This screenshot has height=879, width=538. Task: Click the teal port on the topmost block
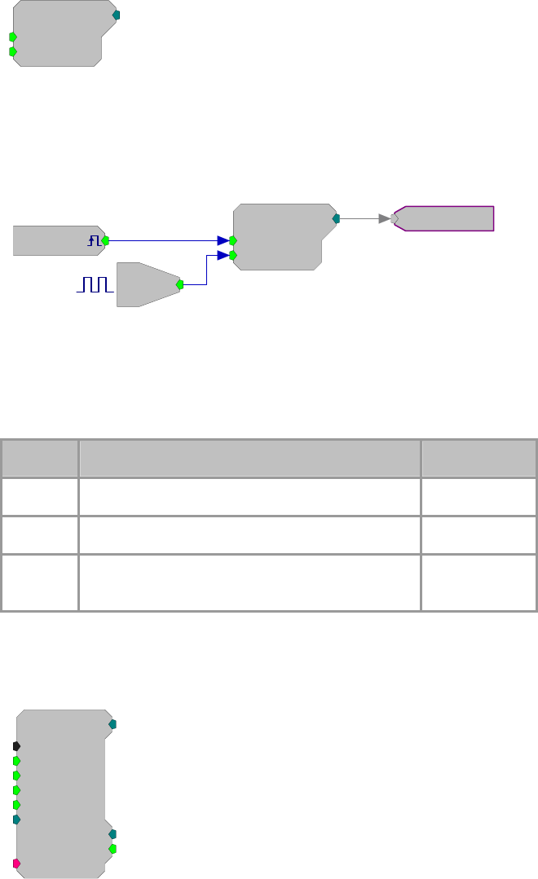coord(116,15)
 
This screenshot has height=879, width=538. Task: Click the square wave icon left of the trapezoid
coord(95,284)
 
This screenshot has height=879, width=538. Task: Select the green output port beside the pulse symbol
coord(105,240)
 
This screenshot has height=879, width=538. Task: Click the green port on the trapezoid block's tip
coord(179,284)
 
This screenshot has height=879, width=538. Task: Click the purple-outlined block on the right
coord(445,218)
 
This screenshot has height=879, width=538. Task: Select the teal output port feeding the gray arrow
coord(336,218)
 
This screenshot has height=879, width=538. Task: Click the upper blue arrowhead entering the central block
coord(223,240)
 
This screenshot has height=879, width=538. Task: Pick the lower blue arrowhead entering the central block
coord(223,255)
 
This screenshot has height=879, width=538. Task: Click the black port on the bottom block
coord(16,745)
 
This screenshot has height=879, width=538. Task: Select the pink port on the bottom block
coord(16,863)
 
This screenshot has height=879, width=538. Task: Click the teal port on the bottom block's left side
coord(16,819)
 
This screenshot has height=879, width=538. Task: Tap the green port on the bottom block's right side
coord(112,848)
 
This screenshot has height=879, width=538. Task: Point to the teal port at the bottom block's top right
coord(112,723)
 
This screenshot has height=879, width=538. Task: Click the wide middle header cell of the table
coord(249,459)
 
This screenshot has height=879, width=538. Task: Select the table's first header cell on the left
coord(39,459)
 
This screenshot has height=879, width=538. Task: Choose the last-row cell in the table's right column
coord(478,582)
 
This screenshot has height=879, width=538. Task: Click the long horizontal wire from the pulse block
coord(163,240)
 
